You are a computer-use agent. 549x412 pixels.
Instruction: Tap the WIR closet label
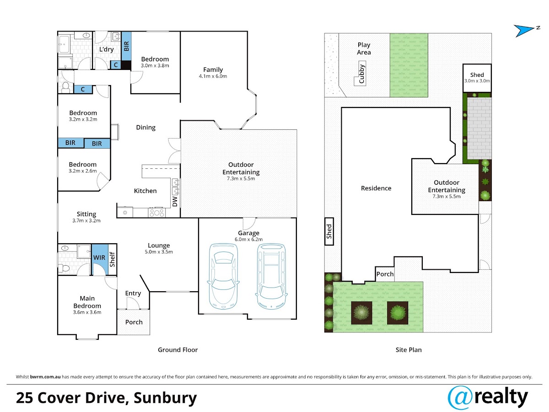99,257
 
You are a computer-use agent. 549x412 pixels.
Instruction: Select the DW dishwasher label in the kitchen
175,202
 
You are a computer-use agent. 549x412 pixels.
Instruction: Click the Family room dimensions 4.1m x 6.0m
213,76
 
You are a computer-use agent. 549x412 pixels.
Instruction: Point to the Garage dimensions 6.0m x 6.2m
248,240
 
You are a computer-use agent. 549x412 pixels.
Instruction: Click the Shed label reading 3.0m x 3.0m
477,81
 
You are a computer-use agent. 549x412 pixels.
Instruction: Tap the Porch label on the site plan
385,274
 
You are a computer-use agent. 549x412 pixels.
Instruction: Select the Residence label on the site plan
376,188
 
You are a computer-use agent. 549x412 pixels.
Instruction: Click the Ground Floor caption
178,350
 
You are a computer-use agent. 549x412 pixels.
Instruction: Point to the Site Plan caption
409,350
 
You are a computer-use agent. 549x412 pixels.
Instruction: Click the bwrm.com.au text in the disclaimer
45,377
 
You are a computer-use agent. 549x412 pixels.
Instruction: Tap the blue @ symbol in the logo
460,398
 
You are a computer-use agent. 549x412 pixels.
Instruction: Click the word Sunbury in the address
165,398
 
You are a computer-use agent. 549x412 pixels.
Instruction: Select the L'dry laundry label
106,49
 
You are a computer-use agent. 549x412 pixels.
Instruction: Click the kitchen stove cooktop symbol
156,213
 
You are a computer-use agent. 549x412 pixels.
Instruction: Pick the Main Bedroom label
87,302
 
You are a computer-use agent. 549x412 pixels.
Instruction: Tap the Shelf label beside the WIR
112,259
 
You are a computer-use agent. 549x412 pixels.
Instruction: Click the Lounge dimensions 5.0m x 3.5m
159,252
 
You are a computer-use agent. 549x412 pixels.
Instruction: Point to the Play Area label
364,48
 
